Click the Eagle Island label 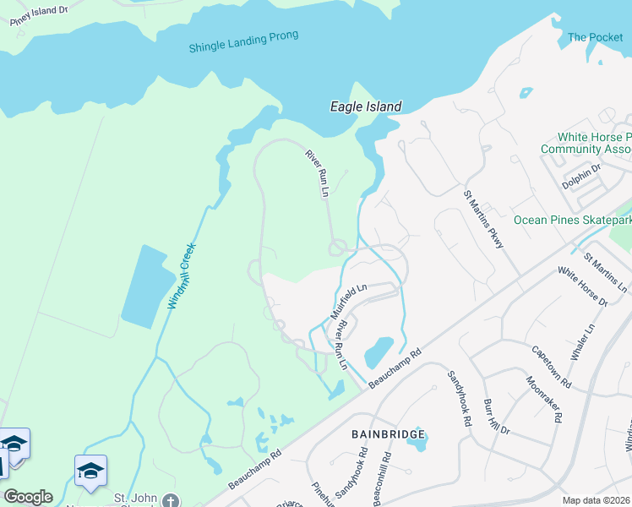[x=364, y=106]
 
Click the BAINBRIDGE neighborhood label [x=388, y=433]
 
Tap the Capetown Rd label [x=549, y=366]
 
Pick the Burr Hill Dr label [x=497, y=417]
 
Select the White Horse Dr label [x=582, y=287]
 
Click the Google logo [x=28, y=497]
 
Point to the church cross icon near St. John [x=172, y=500]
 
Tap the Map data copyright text [x=597, y=500]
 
